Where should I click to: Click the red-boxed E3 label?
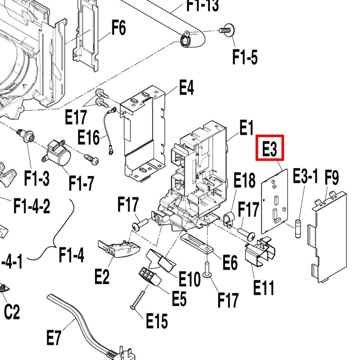270,148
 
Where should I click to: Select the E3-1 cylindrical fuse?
298,229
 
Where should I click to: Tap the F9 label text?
332,178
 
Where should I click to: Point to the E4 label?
186,87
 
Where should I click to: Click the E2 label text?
102,276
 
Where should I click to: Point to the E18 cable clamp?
228,220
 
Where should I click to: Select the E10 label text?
189,279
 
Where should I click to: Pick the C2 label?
12,312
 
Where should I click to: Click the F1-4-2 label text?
32,207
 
